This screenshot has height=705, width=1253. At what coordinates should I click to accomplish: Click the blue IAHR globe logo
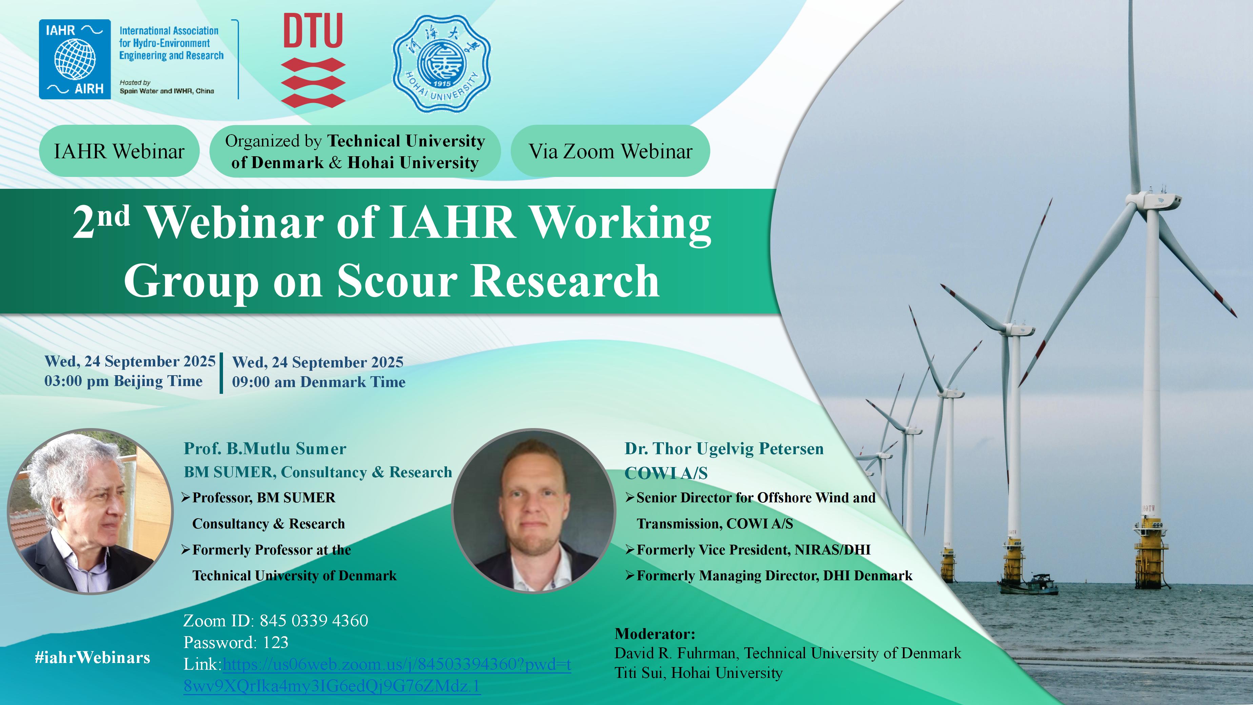75,59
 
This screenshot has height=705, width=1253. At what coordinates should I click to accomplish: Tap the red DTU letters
313,31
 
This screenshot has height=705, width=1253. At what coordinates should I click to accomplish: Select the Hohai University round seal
442,64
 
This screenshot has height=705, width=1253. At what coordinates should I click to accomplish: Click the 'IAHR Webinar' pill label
119,151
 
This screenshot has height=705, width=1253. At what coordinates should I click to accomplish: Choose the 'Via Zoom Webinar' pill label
610,151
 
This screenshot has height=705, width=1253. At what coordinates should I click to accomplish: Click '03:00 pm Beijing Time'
124,381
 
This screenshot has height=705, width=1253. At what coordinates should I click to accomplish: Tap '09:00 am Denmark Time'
319,382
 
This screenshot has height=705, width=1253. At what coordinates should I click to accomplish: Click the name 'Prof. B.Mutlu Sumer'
265,449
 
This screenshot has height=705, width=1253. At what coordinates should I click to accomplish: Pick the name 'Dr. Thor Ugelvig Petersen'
724,449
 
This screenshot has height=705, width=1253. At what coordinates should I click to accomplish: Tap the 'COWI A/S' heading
666,473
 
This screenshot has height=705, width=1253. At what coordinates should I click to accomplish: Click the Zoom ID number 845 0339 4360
314,621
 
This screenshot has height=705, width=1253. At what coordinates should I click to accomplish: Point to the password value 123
276,643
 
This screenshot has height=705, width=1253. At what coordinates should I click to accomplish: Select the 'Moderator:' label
655,633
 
